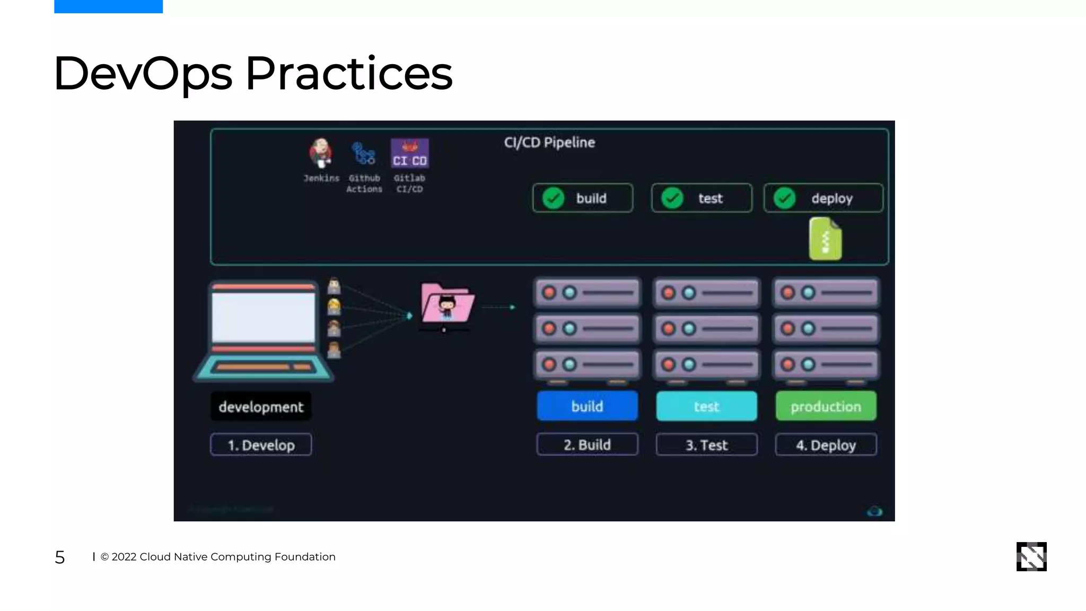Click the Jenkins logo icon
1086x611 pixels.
(321, 153)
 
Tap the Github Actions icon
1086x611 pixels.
(364, 154)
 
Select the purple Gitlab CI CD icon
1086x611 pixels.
(409, 153)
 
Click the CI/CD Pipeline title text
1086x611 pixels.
(549, 143)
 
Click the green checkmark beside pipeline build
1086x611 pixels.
(553, 198)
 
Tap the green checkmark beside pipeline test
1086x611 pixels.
(672, 198)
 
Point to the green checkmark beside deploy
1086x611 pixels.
(784, 198)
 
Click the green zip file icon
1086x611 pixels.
(825, 239)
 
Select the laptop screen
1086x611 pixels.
(263, 317)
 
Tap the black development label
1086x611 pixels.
(261, 407)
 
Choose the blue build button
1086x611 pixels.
(587, 406)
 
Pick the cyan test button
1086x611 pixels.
(706, 406)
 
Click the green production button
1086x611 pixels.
(826, 406)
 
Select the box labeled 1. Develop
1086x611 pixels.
(261, 445)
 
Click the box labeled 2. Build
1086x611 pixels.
(587, 445)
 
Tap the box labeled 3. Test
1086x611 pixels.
(706, 445)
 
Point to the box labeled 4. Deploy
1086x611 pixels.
(826, 445)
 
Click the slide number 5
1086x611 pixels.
(60, 557)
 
